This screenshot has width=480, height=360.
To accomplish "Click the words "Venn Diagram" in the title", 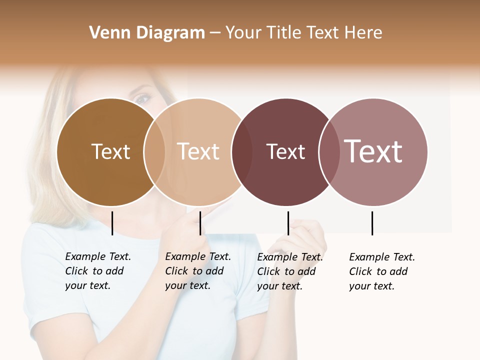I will (147, 33).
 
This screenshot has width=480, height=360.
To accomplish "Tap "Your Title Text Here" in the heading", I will (303, 33).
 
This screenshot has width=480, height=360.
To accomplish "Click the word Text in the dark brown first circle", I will (110, 151).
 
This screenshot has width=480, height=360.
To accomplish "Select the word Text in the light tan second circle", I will (198, 151).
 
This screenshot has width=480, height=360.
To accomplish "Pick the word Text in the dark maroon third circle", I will (285, 151).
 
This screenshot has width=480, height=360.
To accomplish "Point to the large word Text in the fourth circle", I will (373, 151).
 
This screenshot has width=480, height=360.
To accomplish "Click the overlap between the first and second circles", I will (154, 152).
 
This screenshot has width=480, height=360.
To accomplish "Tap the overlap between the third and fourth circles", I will (328, 152).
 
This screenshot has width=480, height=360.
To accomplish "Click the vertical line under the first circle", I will (112, 223).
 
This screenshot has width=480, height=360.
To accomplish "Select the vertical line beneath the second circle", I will (200, 223).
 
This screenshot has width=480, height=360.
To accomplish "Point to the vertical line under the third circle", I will (288, 223).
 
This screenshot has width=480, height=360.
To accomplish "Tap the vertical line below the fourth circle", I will (372, 223).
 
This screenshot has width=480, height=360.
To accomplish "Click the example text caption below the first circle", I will (97, 271).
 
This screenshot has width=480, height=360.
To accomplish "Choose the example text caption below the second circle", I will (197, 271).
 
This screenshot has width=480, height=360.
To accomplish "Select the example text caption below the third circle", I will (289, 271).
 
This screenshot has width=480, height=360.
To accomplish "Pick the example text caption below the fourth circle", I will (381, 271).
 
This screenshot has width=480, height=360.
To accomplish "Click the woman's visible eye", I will (142, 99).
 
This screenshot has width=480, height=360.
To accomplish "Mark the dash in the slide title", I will (215, 33).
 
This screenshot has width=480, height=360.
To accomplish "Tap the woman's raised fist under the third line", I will (302, 240).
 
